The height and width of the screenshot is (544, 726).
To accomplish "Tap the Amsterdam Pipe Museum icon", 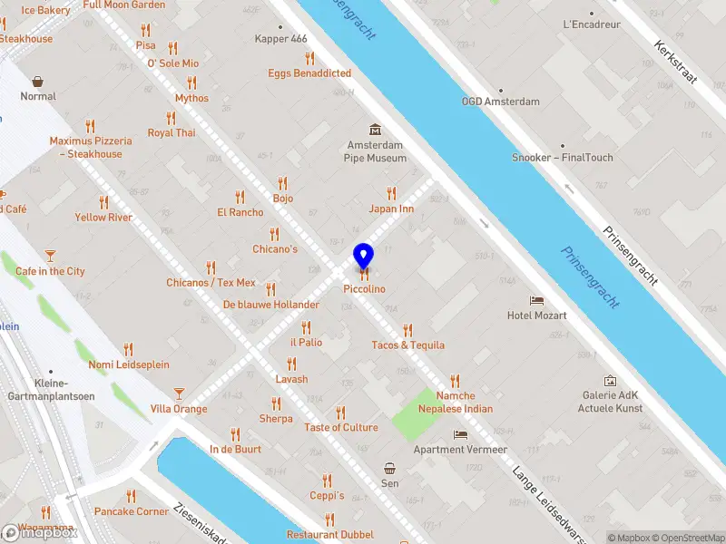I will coord(374,131).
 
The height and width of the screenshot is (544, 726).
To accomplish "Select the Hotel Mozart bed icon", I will coord(536,300).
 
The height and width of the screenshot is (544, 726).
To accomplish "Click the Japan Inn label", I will coord(391,209).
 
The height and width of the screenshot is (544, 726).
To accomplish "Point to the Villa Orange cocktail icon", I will coord(179,393).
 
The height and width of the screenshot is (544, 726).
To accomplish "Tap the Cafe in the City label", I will coord(50,271).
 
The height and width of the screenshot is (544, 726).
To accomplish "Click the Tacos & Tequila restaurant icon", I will coord(407,330).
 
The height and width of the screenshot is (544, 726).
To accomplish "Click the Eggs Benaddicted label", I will coord(309,73).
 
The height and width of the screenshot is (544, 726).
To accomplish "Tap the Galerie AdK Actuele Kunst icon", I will coord(610,382).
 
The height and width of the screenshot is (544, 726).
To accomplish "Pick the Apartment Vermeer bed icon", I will coord(460,434).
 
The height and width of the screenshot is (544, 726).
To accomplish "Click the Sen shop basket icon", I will coord(389,469).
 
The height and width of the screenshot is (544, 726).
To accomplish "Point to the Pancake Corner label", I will coord(132,511).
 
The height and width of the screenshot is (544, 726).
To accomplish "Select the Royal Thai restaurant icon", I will coord(171,118).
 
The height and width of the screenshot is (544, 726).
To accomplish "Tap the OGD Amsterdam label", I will coord(500,102).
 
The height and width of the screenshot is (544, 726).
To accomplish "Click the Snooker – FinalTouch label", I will coord(563,158).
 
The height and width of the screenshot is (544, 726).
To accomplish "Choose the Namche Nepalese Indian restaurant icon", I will coord(455,381).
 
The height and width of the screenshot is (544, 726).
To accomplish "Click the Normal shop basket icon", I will coord(38,81).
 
